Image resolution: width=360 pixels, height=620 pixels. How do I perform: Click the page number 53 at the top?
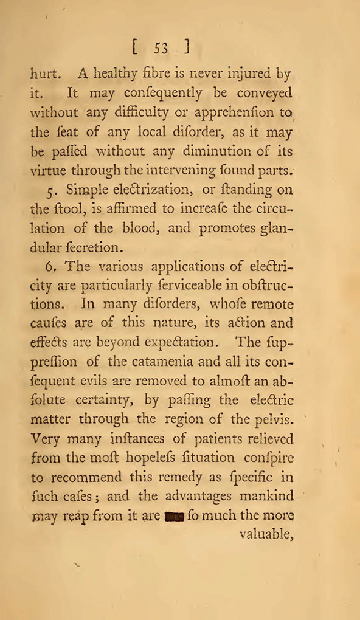pos(161,47)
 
